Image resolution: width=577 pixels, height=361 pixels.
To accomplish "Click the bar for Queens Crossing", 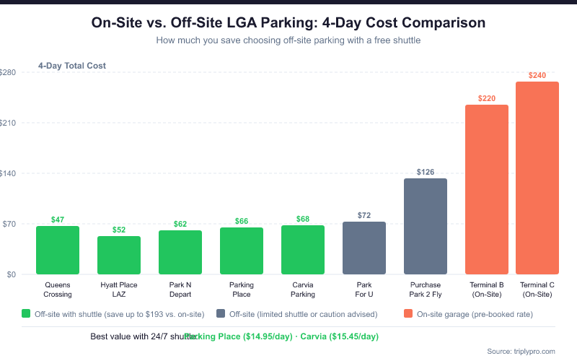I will click(58, 250).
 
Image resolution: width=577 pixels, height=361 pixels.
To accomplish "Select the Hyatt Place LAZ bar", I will click(119, 255).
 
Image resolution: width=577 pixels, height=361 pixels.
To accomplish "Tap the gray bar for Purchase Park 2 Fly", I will click(426, 226).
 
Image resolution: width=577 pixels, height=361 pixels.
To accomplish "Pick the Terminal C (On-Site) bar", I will click(537, 178).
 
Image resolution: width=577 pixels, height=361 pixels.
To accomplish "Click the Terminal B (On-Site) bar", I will click(487, 189).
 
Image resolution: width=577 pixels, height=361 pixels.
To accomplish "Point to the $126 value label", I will click(426, 172).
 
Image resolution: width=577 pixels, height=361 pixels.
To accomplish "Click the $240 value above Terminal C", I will click(537, 75).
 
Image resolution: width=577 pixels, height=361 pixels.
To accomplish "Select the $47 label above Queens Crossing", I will click(58, 219).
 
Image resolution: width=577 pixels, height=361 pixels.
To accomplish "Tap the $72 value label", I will click(364, 215).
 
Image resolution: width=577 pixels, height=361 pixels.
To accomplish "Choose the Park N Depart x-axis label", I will click(180, 290).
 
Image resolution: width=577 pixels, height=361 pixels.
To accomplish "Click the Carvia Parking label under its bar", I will click(303, 290).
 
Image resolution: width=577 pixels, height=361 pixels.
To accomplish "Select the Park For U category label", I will click(364, 290).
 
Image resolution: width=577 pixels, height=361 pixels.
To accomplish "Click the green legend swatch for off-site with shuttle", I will click(26, 314).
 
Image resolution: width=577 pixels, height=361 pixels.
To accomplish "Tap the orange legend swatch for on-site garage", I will click(408, 314).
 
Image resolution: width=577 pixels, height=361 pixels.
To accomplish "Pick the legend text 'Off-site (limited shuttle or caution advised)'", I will click(303, 314).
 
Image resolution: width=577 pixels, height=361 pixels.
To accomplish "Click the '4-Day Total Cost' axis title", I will click(72, 66).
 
